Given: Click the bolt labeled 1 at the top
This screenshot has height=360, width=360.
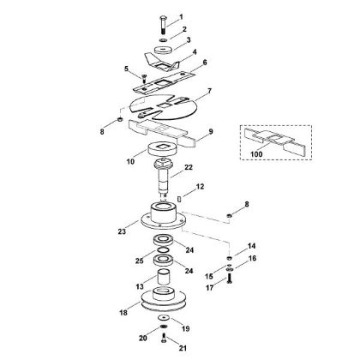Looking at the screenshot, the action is (x=164, y=25).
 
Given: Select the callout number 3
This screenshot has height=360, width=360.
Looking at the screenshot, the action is (x=189, y=40).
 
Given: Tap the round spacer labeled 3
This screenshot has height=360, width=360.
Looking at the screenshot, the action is (x=164, y=50).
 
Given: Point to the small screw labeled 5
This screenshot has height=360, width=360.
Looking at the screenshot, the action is (x=143, y=77).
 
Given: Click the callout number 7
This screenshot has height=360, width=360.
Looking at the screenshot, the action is (x=209, y=91).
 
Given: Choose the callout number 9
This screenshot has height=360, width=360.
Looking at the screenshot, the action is (x=211, y=132).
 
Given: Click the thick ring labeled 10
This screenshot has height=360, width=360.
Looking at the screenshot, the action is (x=163, y=149).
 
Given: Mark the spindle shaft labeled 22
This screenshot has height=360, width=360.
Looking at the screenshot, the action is (x=163, y=177).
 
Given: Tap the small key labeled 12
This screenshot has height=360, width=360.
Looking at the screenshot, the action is (x=179, y=199).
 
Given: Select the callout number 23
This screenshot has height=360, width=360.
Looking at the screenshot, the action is (x=122, y=231).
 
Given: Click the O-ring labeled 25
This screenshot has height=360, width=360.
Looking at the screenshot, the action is (x=163, y=249).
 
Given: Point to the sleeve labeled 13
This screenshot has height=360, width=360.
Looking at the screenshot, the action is (x=164, y=276).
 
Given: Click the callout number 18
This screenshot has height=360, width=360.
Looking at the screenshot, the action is (x=123, y=313).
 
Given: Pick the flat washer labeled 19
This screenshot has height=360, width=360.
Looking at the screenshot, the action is (x=164, y=317).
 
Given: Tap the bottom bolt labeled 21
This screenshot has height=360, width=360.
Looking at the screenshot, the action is (x=164, y=338).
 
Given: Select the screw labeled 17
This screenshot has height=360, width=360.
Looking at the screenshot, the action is (x=229, y=278).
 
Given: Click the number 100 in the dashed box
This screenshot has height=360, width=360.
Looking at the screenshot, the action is (x=256, y=154).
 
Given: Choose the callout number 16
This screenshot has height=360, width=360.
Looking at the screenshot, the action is (x=252, y=258).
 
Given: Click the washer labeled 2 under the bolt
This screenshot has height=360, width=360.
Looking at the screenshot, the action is (x=164, y=40).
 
